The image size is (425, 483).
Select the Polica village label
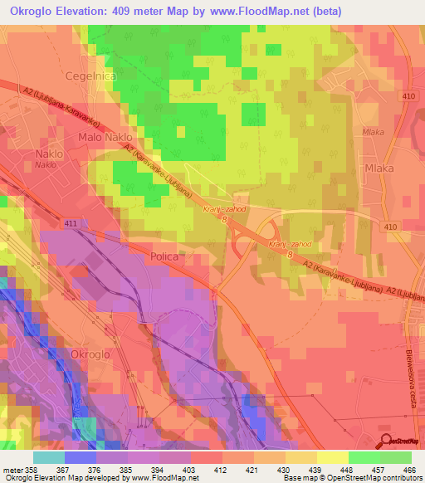[x=164, y=257]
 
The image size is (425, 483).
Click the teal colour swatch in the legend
[x=49, y=456]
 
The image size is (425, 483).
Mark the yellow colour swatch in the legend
[x=333, y=456]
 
